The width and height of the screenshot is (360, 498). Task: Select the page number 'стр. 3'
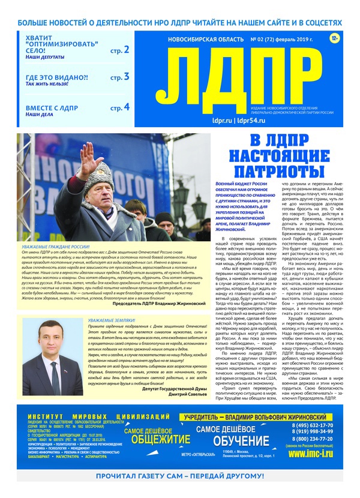(120, 77)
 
